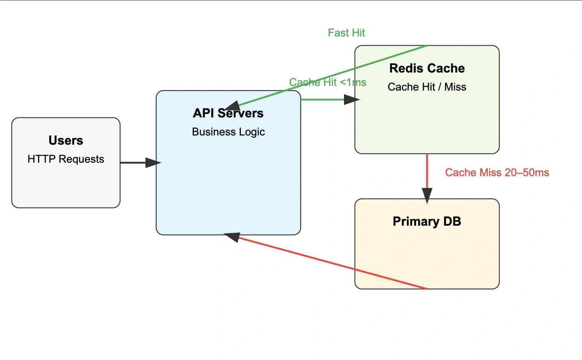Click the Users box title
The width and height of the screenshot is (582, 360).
[66, 140]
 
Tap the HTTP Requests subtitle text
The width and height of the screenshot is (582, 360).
[66, 159]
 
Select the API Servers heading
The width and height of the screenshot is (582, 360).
[228, 113]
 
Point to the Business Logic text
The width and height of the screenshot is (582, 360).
[228, 132]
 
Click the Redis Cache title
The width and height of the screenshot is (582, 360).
[427, 68]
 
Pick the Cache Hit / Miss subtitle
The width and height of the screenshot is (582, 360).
[427, 87]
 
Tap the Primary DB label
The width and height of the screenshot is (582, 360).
[427, 221]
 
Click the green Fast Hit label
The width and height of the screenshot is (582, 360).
[346, 33]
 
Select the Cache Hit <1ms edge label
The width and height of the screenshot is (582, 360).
[327, 82]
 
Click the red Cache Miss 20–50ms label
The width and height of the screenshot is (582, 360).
[497, 173]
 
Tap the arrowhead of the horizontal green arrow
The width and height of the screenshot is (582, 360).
[351, 100]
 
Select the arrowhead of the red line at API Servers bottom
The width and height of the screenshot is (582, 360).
[233, 237]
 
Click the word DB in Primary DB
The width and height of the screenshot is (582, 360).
[452, 221]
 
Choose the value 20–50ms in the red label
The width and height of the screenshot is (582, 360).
[527, 173]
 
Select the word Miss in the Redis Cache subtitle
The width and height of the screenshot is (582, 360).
[455, 87]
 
